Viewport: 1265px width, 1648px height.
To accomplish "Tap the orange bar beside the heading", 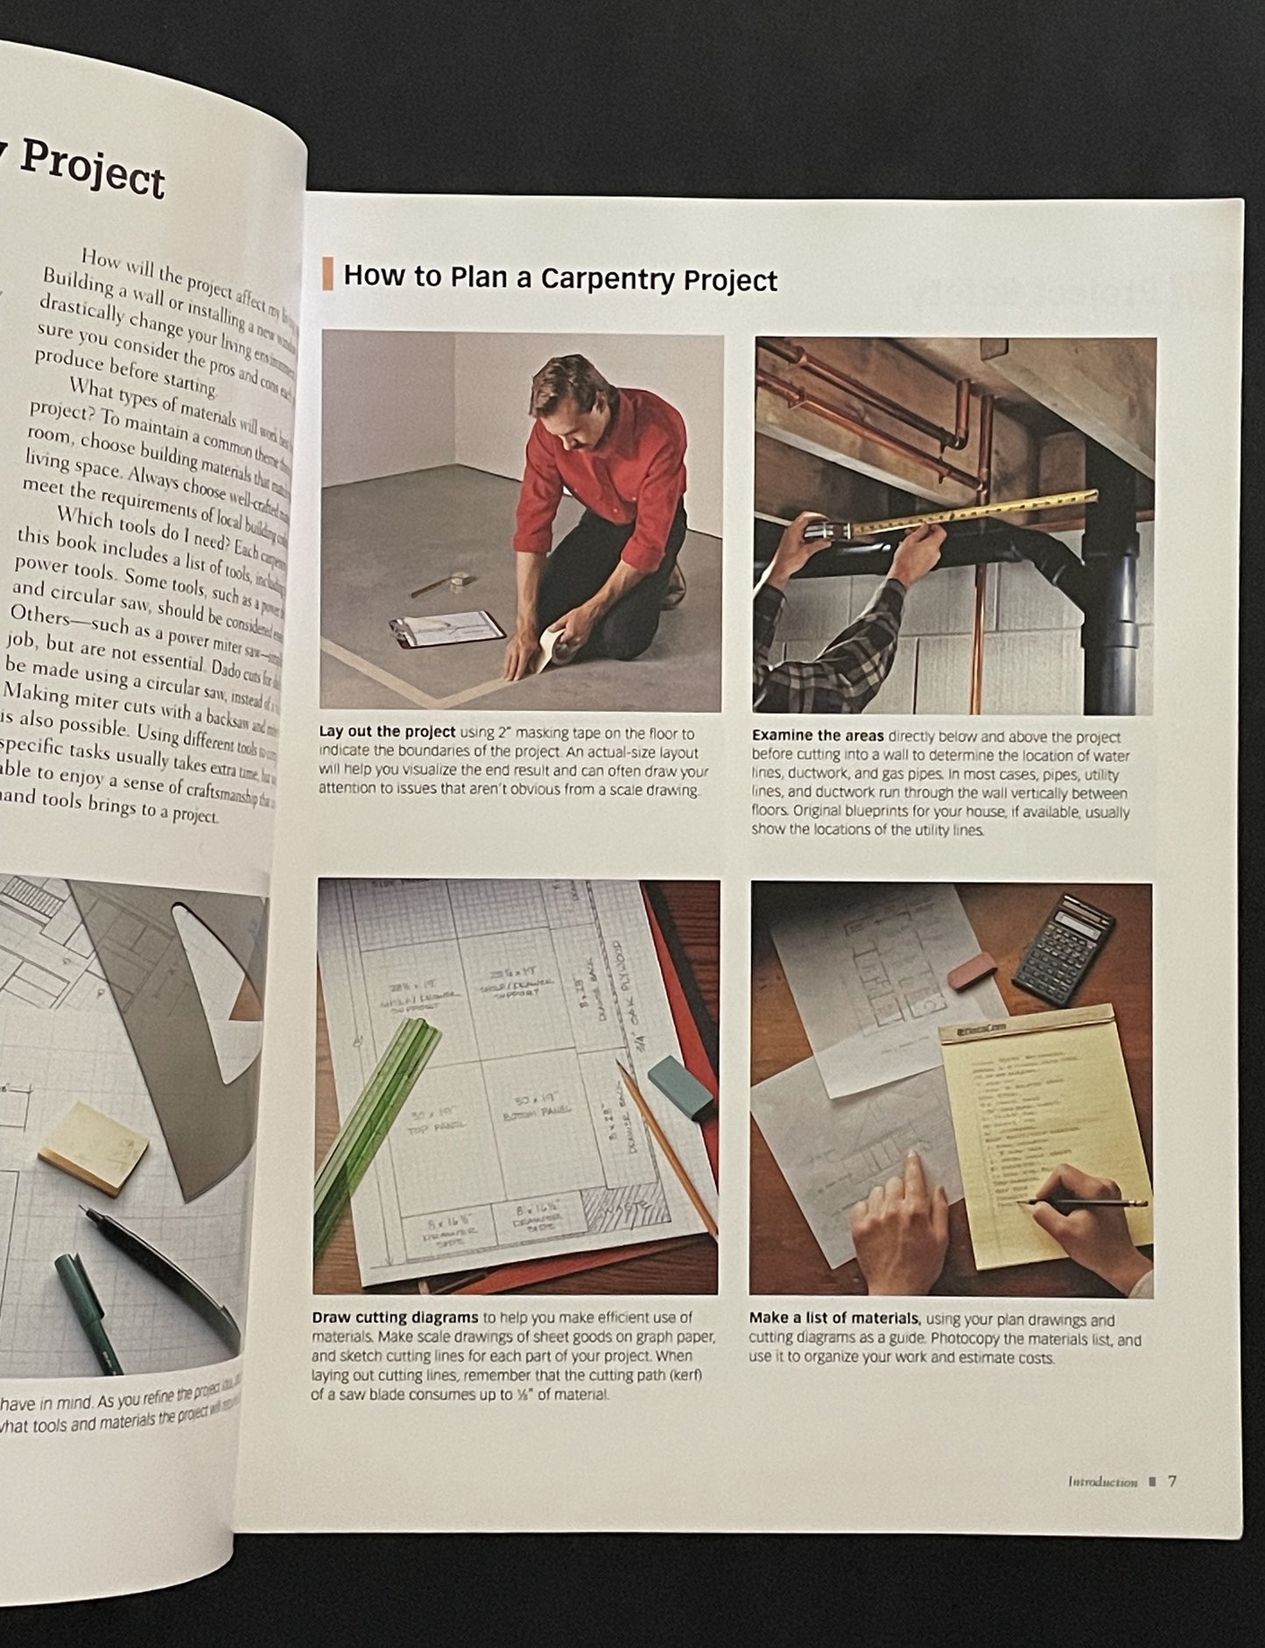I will [x=327, y=273].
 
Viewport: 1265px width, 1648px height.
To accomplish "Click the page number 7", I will [x=1172, y=1482].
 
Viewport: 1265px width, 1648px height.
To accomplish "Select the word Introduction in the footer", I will [x=1102, y=1482].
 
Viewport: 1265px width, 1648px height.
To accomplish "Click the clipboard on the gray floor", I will [x=447, y=628].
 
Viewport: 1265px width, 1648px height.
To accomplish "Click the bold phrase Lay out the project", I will [x=387, y=732].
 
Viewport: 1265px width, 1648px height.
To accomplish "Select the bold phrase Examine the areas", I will [x=818, y=736].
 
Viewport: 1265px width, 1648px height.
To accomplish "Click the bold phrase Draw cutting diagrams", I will [x=395, y=1317].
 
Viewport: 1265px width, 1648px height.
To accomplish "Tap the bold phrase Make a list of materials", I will [x=833, y=1319].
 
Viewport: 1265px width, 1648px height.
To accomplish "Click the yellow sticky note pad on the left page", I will [x=95, y=1147].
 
